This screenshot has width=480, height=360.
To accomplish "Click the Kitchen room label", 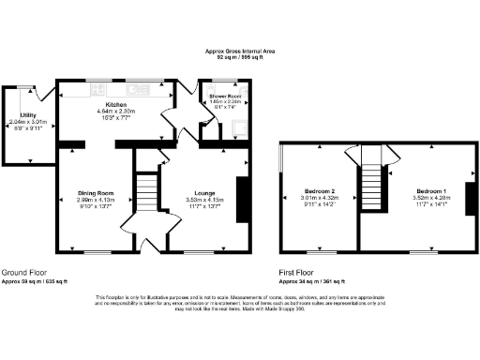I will [117, 104].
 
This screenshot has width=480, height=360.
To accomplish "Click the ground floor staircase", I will [148, 195].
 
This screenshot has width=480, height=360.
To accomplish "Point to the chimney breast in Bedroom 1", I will [470, 200].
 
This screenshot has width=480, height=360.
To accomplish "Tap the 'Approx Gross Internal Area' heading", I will [240, 52].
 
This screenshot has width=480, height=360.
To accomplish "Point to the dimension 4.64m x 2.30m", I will [117, 112].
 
